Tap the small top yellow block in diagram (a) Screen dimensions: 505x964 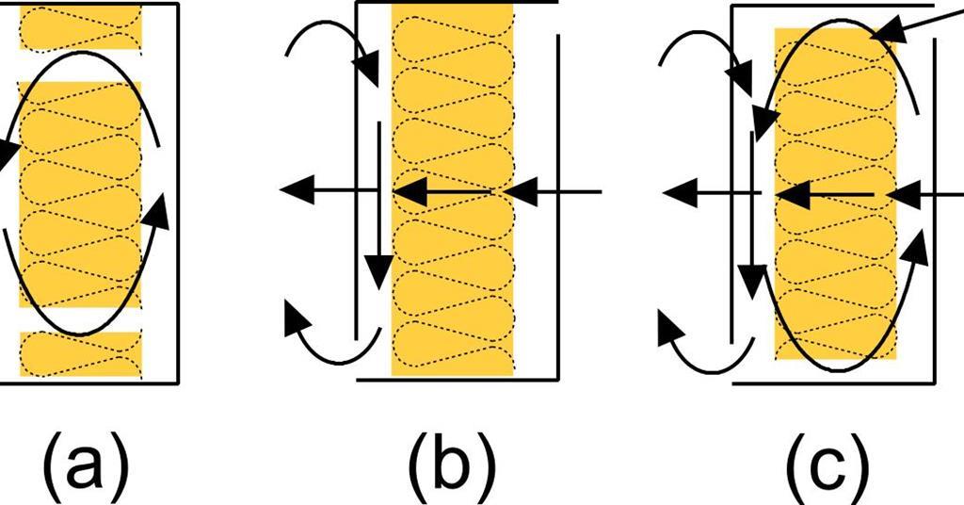pos(80,26)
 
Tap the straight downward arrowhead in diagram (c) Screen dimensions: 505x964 pos(750,279)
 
